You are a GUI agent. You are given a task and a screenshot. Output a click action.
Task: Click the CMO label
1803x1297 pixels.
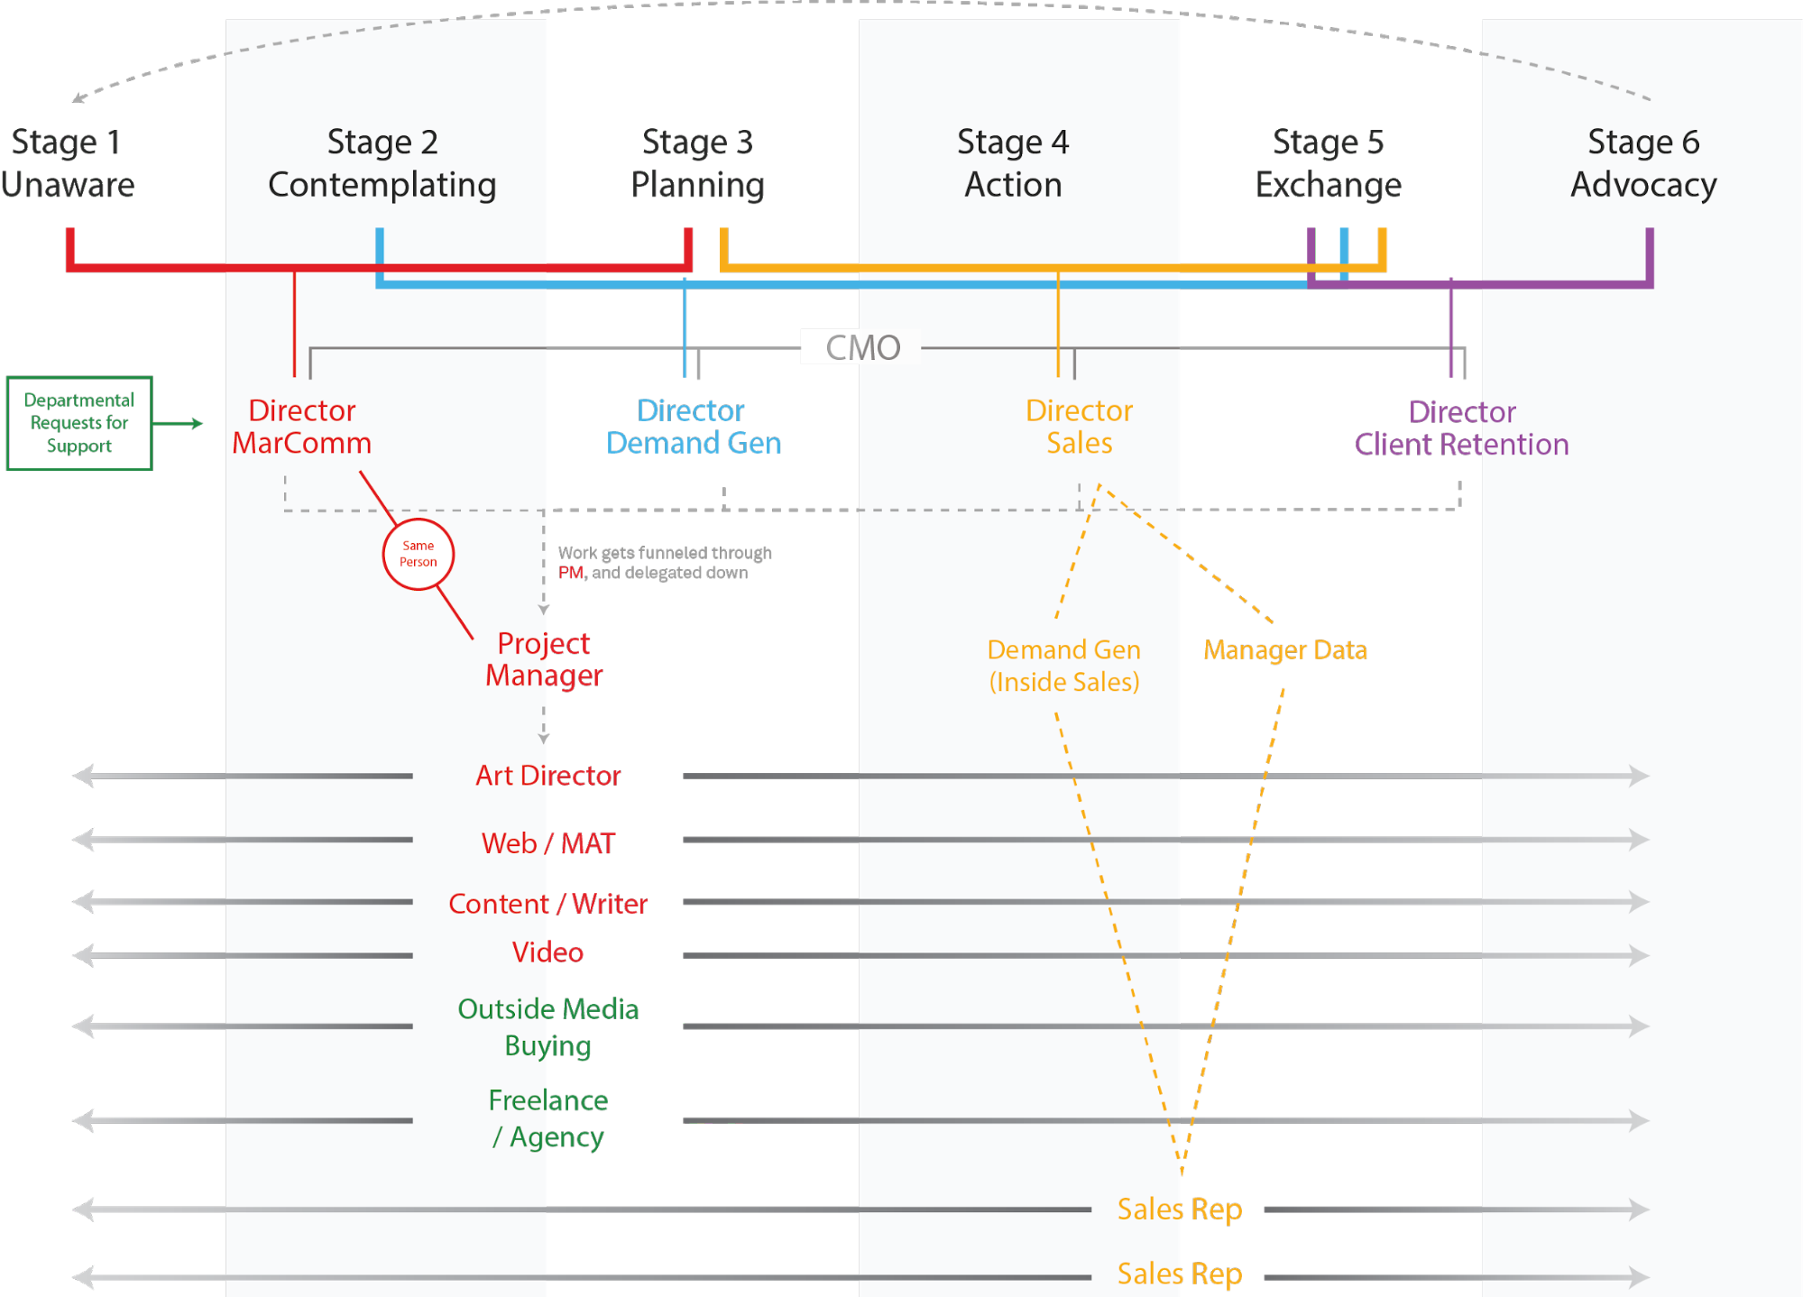tap(863, 347)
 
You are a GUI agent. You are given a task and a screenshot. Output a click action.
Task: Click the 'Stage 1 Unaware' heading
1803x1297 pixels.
tap(68, 163)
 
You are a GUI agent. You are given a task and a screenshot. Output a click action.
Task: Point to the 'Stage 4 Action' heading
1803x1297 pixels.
tap(1013, 163)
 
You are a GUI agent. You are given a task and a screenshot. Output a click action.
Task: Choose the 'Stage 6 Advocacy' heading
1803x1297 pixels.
tap(1643, 163)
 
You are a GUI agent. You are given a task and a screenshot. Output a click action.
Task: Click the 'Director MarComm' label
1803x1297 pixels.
tap(301, 427)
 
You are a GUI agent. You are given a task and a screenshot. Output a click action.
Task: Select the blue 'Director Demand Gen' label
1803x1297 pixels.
tap(693, 427)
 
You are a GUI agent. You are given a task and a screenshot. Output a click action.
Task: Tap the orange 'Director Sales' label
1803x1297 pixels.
tap(1079, 427)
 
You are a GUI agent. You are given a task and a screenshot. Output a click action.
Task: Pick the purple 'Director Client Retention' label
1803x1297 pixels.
tap(1461, 428)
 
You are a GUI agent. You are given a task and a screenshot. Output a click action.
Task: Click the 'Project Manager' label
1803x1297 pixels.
tap(544, 659)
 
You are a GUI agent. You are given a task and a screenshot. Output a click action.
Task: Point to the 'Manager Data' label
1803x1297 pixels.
tap(1285, 649)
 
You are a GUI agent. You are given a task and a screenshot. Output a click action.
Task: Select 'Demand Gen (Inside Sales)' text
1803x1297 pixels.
tap(1064, 666)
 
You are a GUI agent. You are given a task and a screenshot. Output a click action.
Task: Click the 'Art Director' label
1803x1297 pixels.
tap(548, 776)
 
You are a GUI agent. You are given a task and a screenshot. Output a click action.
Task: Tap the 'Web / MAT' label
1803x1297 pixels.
tap(548, 843)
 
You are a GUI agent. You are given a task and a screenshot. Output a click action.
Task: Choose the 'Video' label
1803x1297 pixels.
tap(547, 952)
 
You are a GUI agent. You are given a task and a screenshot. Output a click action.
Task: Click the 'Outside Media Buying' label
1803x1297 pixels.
tap(548, 1027)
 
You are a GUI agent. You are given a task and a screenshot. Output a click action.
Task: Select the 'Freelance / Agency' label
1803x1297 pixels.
tap(548, 1118)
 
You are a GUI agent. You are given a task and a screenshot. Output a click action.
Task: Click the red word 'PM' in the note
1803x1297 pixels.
tap(570, 573)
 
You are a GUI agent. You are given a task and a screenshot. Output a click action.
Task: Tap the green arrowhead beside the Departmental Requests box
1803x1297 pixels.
tap(198, 423)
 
